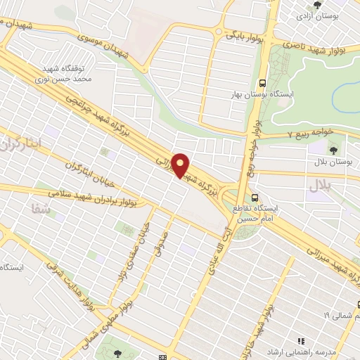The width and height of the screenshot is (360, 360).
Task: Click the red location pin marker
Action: click(x=181, y=165)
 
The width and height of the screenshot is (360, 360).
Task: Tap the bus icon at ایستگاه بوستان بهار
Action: click(x=262, y=82)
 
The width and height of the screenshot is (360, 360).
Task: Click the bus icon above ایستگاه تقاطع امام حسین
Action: click(x=255, y=198)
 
